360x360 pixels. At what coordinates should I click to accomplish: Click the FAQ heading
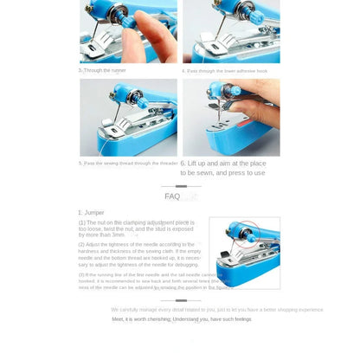(172, 196)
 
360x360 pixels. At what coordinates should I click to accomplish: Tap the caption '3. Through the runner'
(103, 71)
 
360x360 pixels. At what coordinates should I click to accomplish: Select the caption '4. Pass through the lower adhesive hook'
(224, 71)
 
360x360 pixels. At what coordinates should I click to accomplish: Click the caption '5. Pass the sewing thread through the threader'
(128, 163)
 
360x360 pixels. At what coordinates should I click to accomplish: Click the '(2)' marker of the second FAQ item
(81, 244)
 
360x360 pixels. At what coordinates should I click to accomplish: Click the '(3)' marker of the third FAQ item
(81, 273)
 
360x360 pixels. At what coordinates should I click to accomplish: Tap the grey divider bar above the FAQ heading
(181, 185)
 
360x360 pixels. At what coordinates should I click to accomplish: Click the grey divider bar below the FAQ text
(181, 300)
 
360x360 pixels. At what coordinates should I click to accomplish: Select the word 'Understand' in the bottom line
(185, 319)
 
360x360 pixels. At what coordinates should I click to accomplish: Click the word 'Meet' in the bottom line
(118, 319)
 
